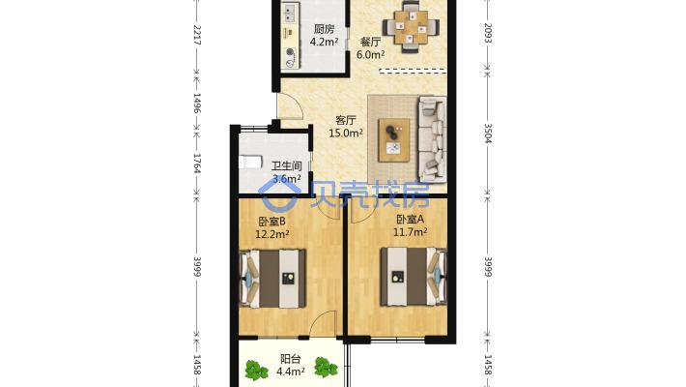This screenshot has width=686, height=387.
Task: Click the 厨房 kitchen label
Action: [x=325, y=29]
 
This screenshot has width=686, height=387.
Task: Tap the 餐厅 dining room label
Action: [x=370, y=42]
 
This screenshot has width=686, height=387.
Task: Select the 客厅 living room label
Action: [x=346, y=120]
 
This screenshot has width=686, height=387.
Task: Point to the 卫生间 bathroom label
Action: [x=287, y=166]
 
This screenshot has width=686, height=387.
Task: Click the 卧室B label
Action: [x=272, y=222]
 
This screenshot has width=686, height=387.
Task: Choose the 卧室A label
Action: [x=411, y=220]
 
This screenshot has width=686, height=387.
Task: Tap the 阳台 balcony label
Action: [x=291, y=359]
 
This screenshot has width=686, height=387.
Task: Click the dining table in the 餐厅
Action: [x=412, y=27]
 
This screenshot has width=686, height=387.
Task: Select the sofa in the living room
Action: [x=433, y=139]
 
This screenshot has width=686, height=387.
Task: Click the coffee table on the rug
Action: [x=394, y=140]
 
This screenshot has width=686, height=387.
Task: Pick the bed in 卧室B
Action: [x=272, y=279]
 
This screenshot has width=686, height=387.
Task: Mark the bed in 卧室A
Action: [x=414, y=277]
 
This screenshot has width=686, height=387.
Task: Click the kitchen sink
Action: [x=288, y=14]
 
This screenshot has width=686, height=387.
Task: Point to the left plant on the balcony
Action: [x=255, y=371]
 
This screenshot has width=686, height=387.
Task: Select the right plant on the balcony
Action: [x=326, y=368]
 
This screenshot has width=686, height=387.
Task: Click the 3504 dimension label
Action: [x=488, y=134]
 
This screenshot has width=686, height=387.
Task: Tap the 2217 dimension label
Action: [x=197, y=35]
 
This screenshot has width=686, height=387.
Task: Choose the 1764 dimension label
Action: [x=197, y=164]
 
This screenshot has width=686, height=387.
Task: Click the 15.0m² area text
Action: [x=346, y=133]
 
